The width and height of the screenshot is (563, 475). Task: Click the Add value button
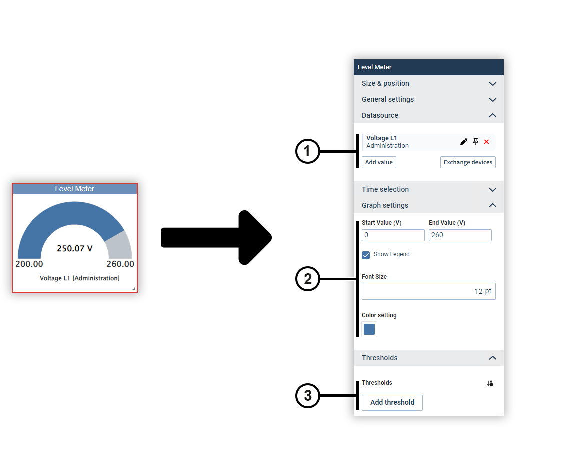379,162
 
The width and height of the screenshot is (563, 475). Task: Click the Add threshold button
392,402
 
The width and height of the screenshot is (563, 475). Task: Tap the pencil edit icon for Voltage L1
463,142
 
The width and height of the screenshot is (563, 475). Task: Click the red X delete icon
486,142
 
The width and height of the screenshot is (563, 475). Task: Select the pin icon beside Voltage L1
476,142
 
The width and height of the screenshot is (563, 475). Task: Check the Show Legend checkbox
366,255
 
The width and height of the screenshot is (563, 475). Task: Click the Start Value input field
393,235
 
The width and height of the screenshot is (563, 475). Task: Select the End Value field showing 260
460,235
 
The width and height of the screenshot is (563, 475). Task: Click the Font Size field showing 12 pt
429,291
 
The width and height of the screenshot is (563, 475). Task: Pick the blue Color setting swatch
369,329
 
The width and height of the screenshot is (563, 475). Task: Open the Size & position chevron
492,84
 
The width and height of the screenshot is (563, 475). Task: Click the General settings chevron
492,100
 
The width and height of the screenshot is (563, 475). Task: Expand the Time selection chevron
492,190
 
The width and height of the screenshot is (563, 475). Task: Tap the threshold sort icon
490,383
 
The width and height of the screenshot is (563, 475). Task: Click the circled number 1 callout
307,151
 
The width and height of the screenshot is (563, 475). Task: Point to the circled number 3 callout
307,395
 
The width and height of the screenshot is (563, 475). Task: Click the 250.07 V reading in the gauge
75,248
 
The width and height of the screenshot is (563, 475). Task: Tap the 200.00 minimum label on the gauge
29,264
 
